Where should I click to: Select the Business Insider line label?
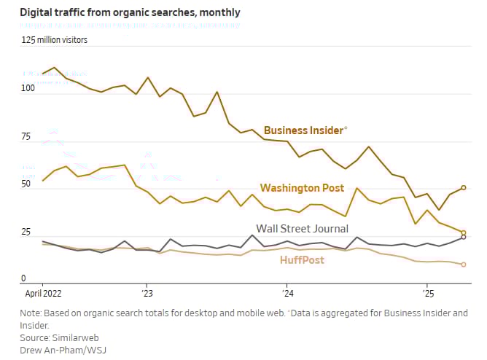point(304,130)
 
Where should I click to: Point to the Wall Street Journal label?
point(302,229)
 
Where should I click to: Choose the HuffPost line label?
point(302,259)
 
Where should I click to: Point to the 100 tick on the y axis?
point(28,89)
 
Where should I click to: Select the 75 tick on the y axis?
point(28,136)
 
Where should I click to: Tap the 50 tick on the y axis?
point(28,184)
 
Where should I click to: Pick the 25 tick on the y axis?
point(28,232)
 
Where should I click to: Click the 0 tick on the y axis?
point(23,279)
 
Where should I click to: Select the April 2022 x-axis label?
point(43,294)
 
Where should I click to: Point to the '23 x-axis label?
point(147,294)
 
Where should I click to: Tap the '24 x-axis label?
point(287,294)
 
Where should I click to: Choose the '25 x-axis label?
point(426,294)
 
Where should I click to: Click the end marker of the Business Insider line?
point(464,188)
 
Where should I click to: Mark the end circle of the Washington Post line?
point(464,233)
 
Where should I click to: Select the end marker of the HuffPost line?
point(464,265)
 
